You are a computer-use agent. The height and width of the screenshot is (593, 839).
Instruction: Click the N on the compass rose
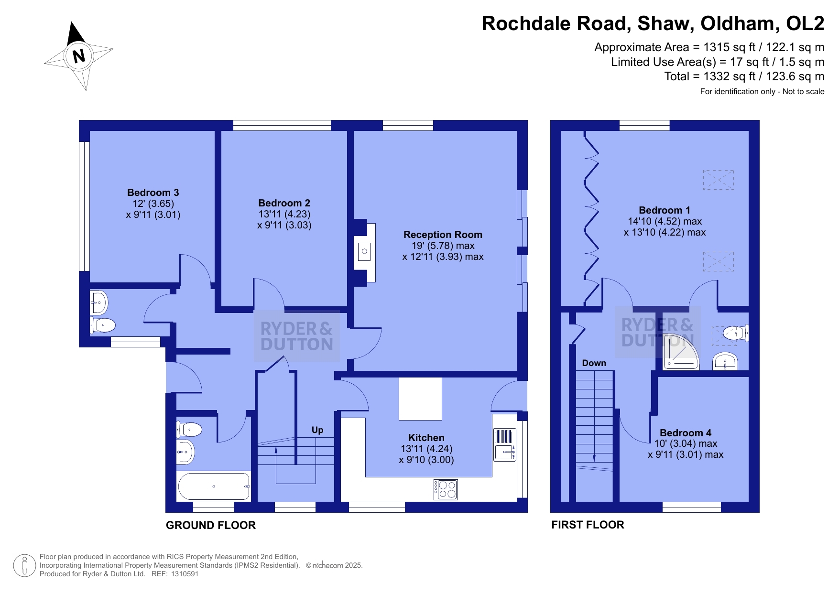79,56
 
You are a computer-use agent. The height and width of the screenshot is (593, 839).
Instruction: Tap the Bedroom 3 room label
153,193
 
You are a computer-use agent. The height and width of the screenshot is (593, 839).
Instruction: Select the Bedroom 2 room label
284,203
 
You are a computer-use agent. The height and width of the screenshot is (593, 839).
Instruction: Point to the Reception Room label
443,235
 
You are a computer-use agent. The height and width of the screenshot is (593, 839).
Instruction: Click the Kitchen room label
426,438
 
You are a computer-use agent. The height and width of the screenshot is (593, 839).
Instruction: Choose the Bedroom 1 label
665,210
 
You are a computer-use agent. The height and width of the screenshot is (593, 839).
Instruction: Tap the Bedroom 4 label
686,433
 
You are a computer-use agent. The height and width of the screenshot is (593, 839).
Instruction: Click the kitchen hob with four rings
446,489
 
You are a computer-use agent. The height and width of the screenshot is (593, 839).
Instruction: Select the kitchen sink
505,444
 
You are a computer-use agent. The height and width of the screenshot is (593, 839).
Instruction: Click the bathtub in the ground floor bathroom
214,486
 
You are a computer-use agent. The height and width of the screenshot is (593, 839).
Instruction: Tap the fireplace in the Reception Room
364,252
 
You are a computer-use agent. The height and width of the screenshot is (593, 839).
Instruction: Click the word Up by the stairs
317,430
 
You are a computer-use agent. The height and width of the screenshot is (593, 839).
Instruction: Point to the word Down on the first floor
594,363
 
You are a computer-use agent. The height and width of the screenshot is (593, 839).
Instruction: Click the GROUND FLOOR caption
211,525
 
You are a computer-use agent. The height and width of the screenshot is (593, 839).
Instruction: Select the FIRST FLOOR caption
588,525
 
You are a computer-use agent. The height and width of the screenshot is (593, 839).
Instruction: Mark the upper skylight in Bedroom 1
718,180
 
